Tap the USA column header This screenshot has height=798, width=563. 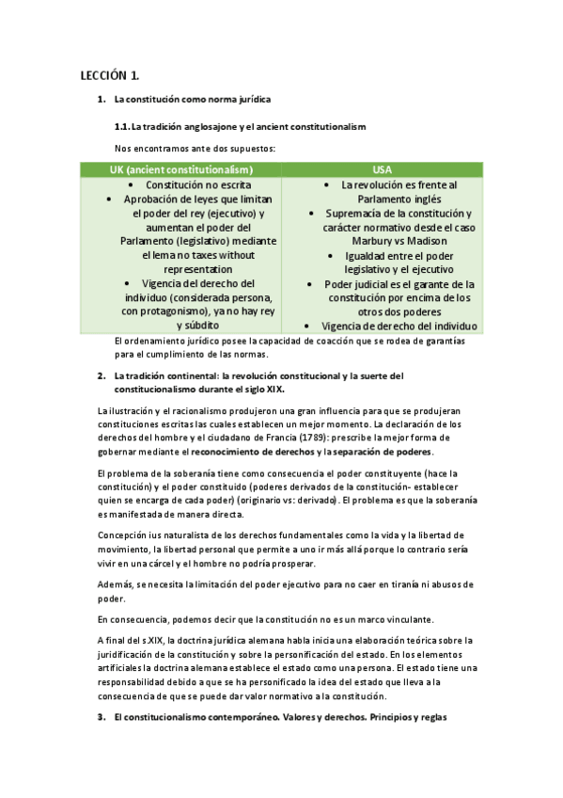[x=382, y=169]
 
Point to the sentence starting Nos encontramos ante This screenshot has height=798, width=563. [x=195, y=148]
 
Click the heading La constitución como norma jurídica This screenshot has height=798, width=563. [x=194, y=99]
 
